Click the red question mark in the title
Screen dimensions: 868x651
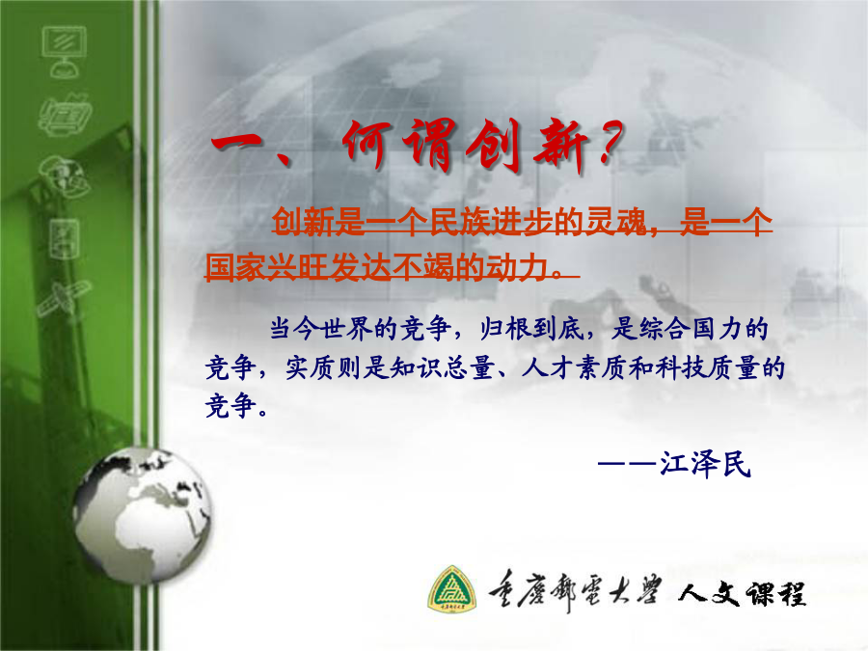610,145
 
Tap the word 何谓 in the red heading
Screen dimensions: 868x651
399,145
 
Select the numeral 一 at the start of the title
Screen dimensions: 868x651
237,146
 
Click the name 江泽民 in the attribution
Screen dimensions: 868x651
705,464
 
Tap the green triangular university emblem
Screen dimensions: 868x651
451,589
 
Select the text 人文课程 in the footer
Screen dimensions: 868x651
742,593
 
